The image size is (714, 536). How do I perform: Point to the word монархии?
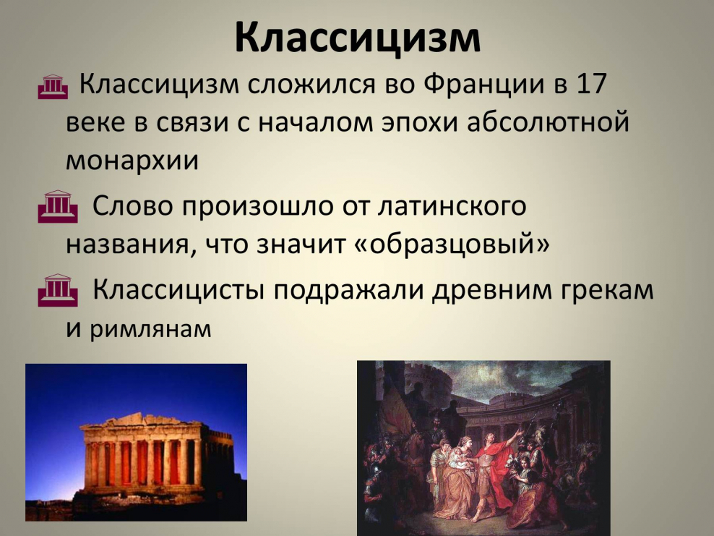click(132, 160)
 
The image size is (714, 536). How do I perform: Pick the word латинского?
click(452, 207)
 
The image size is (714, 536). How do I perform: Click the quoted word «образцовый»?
click(452, 244)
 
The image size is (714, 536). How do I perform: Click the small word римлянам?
click(151, 330)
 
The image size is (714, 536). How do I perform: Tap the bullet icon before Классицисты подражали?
click(56, 290)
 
